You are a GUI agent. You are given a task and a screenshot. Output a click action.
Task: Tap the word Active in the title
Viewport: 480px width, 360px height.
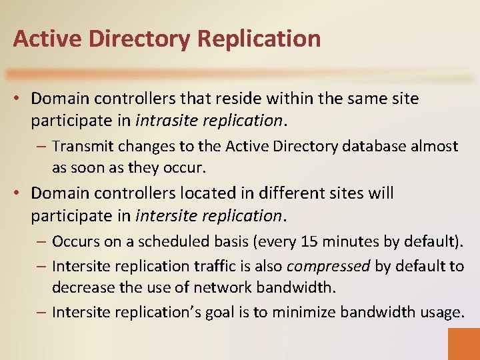click(42, 39)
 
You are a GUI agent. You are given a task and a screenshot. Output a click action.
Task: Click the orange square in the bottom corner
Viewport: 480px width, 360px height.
click(463, 343)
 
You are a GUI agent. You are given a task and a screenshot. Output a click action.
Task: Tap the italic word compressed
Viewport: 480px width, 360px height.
click(328, 266)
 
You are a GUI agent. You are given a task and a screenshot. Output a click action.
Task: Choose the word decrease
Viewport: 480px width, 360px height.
click(83, 288)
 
